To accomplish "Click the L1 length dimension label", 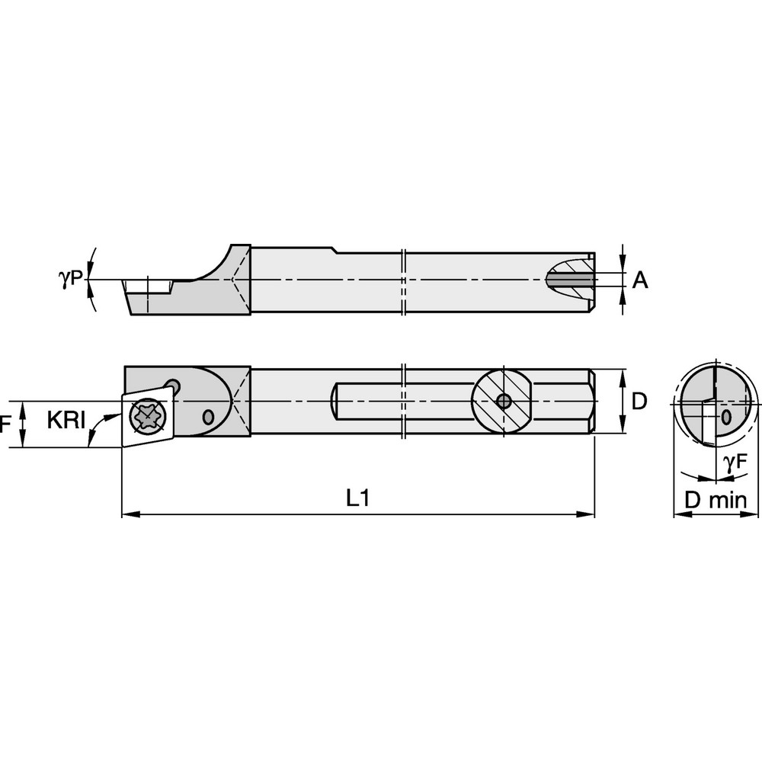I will coord(357,498).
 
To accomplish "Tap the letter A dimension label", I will coord(640,280).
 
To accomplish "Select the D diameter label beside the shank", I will coord(640,401).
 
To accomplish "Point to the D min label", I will coord(715,500).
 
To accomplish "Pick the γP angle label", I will coord(70,279).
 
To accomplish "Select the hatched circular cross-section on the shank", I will coord(501,401).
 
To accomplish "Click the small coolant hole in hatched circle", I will coord(502,401).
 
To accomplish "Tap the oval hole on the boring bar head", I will coord(209,417).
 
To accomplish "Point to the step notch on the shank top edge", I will coord(333,250).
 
